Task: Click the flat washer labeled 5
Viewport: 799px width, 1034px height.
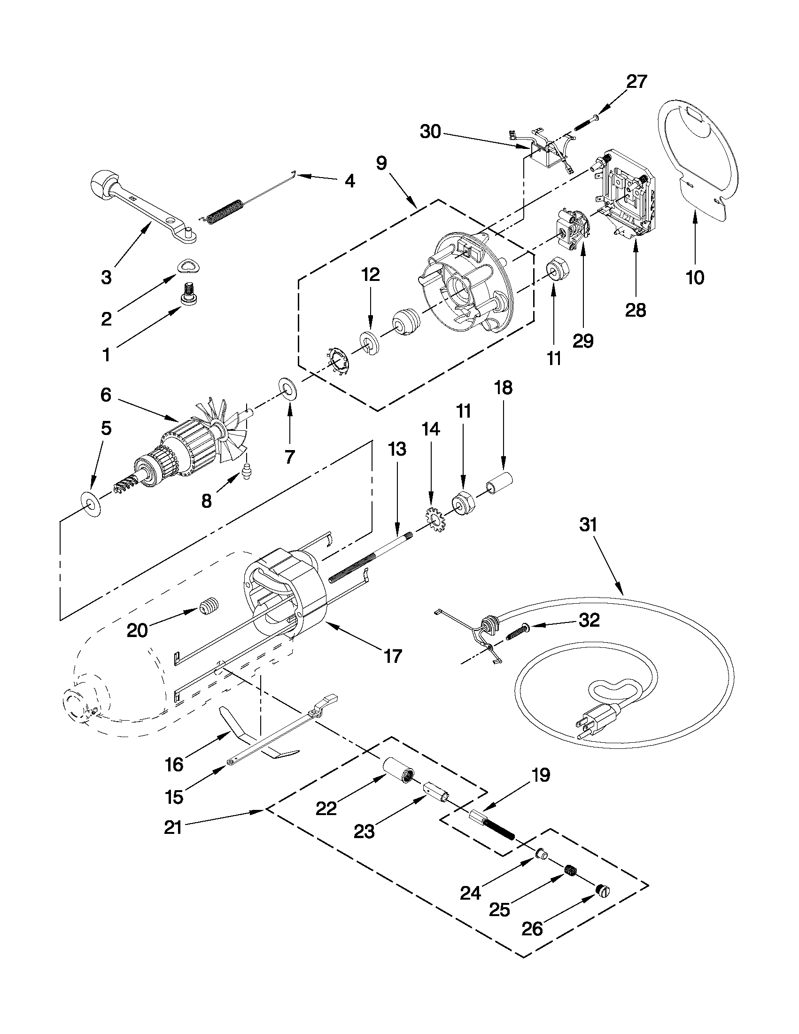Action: tap(91, 504)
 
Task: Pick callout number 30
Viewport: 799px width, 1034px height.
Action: tap(430, 132)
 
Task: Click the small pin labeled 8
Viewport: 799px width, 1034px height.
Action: tap(246, 472)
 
